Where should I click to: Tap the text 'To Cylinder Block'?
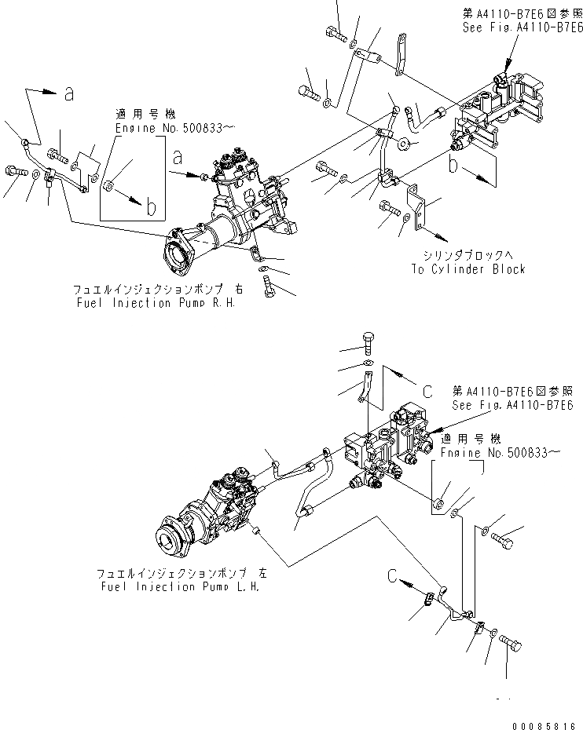(x=467, y=269)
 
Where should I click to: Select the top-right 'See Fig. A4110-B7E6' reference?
(x=522, y=27)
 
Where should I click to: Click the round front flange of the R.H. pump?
(x=179, y=256)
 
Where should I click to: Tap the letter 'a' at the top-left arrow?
(x=69, y=94)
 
